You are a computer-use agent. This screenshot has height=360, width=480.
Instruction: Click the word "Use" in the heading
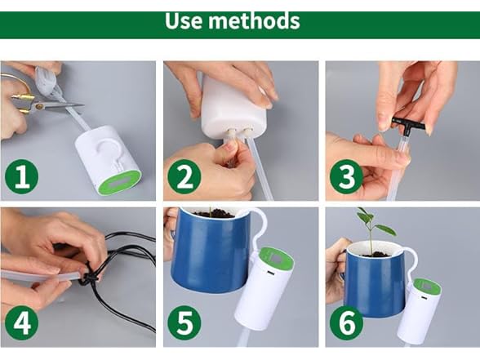click(x=184, y=20)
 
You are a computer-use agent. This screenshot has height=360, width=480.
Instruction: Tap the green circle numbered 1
click(x=21, y=176)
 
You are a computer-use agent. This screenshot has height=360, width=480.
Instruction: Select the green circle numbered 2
click(x=184, y=176)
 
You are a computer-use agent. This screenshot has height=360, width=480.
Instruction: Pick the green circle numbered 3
click(x=346, y=176)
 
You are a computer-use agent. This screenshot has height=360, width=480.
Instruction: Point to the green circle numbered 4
click(x=21, y=323)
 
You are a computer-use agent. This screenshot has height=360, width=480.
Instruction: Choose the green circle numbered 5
click(x=184, y=323)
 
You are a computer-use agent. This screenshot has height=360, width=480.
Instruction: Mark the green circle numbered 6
click(x=346, y=323)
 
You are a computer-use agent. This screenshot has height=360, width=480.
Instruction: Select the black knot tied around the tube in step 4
click(x=89, y=278)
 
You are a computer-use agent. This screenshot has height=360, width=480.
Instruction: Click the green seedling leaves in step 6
click(x=376, y=222)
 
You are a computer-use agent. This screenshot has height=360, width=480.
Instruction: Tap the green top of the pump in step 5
click(x=276, y=259)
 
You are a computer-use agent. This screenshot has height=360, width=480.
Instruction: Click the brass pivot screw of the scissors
click(x=39, y=106)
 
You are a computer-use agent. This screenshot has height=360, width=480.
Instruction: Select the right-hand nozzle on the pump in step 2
click(x=246, y=134)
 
